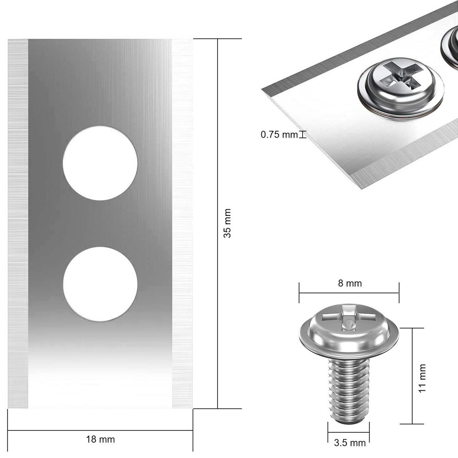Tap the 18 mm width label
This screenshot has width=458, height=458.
(100, 433)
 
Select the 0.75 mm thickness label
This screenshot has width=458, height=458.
(279, 135)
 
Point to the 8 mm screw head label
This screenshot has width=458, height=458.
(350, 284)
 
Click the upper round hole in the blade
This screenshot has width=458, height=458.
(100, 163)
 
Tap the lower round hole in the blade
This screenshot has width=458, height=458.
(100, 284)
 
